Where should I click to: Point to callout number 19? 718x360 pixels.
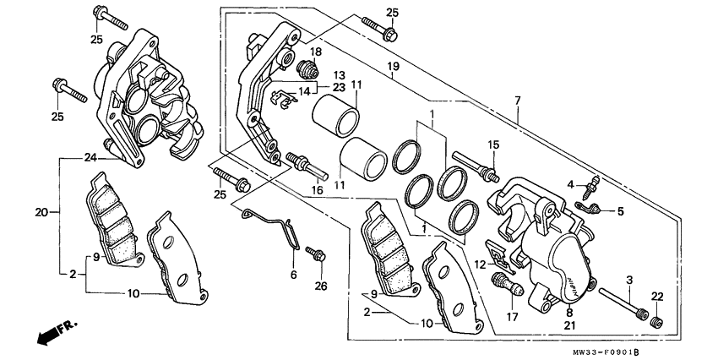[x=394, y=67]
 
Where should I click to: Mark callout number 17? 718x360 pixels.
[x=512, y=316]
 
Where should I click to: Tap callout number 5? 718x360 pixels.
[x=620, y=211]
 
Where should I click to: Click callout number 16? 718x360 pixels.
[x=318, y=191]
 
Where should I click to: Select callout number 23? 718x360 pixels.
[x=339, y=86]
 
